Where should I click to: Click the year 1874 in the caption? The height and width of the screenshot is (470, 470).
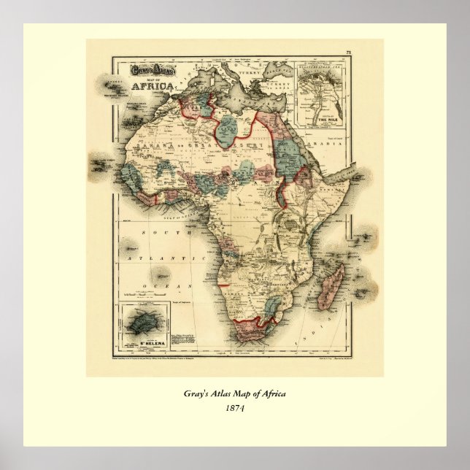click(234, 408)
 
